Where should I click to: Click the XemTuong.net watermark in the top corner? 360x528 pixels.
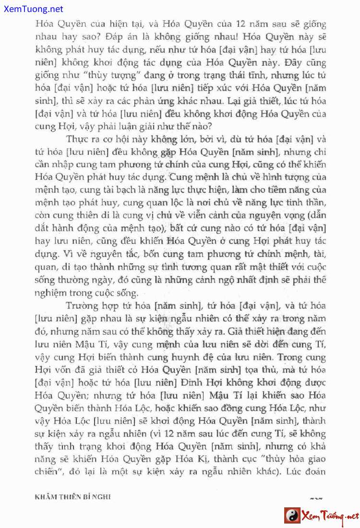pos(32,9)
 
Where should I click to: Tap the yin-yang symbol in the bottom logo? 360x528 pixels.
pos(291,516)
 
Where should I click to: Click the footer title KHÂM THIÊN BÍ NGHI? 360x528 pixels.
pos(72,497)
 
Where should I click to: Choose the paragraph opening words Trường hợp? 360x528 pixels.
pos(83,305)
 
